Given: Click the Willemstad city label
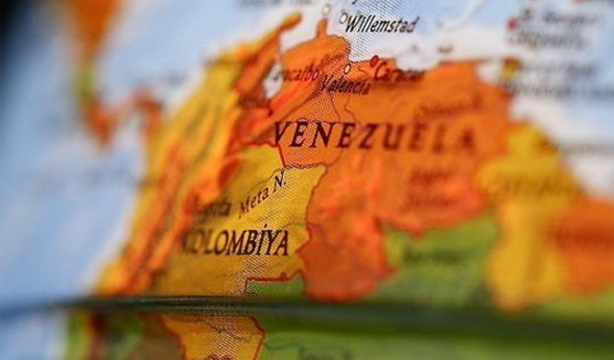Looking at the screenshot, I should tap(382, 22).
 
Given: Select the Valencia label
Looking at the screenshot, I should tap(345, 84).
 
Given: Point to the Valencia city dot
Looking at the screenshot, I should tap(346, 68).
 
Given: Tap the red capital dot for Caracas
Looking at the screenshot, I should tap(373, 60).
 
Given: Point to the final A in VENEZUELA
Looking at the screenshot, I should tap(468, 140).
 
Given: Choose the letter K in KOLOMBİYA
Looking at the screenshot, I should tap(188, 237).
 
